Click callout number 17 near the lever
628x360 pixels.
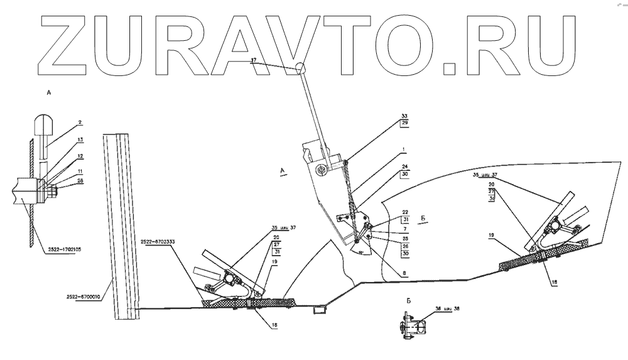pos(254,60)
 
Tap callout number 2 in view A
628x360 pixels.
pos(80,122)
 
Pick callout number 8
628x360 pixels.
pos(404,272)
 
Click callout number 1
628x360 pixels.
pos(404,151)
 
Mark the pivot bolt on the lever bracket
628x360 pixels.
pos(321,168)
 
